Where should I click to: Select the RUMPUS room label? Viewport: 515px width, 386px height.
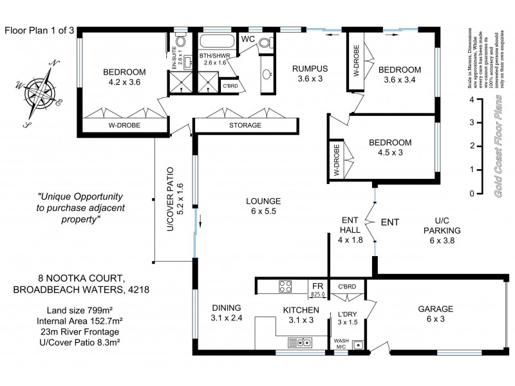click(x=310, y=69)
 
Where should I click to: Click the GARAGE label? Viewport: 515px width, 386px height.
click(x=435, y=309)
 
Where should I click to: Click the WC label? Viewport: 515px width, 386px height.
click(x=248, y=39)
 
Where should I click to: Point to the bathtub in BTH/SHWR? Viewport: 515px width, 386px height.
click(x=217, y=43)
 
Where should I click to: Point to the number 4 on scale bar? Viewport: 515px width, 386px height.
click(x=472, y=100)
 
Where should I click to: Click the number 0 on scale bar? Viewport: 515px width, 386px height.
click(x=472, y=194)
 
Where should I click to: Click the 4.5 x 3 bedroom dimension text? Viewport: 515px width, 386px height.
click(x=391, y=152)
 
